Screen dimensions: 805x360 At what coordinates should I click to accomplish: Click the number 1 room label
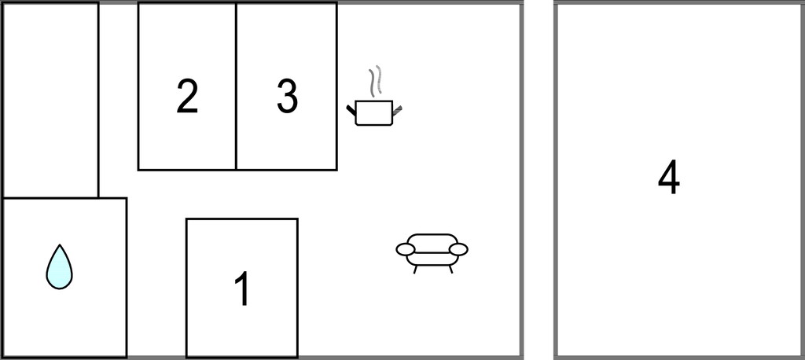click(242, 288)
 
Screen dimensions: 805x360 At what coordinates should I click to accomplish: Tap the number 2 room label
click(187, 96)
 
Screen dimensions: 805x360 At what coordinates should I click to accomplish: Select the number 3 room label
click(287, 96)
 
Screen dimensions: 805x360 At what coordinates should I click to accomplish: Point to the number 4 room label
click(669, 177)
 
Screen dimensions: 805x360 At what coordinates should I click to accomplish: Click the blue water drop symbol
click(59, 266)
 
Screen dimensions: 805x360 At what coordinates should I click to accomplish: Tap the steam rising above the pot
click(376, 81)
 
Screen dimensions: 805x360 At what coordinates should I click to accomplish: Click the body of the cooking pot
click(373, 113)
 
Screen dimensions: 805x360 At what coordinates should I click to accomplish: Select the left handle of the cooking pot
click(351, 110)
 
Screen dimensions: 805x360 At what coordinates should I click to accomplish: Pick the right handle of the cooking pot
click(397, 110)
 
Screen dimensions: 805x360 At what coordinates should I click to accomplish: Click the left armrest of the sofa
click(406, 250)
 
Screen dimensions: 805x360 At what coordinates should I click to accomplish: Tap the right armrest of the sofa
click(458, 250)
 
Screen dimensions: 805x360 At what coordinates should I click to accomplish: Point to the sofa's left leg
click(415, 269)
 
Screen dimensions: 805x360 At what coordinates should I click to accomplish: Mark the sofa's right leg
click(450, 269)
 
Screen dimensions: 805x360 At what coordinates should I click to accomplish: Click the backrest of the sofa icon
click(432, 237)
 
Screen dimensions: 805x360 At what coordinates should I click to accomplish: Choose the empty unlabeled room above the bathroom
click(50, 100)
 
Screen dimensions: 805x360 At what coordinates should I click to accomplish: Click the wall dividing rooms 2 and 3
click(236, 86)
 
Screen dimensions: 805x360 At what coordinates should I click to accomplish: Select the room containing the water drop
click(64, 277)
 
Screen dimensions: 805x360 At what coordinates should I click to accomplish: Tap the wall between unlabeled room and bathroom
click(50, 198)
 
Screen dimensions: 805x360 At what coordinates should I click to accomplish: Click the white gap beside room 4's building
click(539, 180)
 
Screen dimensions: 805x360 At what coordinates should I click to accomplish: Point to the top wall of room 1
click(242, 219)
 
